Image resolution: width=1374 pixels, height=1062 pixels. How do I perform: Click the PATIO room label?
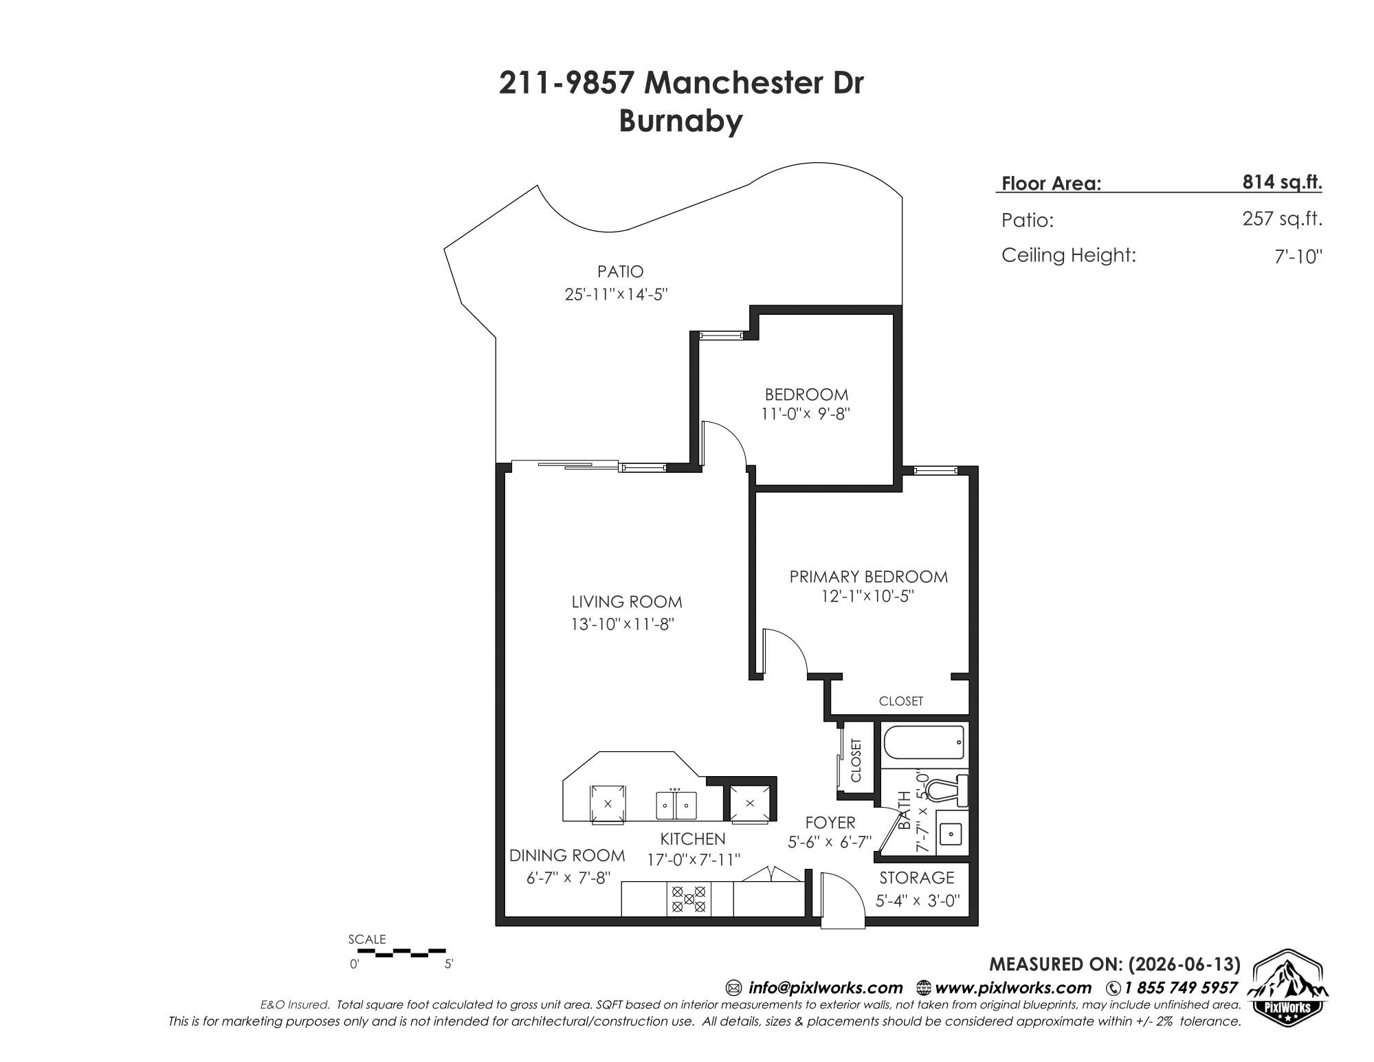620,272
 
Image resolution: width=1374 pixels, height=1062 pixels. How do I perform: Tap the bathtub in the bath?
924,743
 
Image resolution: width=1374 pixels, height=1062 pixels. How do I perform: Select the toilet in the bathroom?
948,791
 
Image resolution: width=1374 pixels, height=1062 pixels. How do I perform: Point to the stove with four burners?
689,899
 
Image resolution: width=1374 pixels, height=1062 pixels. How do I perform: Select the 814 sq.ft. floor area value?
1282,182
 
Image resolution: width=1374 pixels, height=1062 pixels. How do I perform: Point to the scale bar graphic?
401,953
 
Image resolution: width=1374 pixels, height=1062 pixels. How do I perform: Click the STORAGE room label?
917,878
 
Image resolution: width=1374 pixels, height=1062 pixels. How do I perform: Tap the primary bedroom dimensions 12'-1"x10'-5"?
867,596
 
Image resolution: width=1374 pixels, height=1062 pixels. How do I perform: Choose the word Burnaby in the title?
680,121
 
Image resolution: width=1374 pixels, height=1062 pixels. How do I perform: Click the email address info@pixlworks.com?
825,988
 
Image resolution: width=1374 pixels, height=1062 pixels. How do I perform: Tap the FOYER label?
830,822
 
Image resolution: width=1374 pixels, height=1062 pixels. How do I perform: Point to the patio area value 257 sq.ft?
1282,219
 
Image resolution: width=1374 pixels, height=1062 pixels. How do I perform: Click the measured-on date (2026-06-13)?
1184,964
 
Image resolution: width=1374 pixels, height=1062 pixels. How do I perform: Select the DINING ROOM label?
567,856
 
